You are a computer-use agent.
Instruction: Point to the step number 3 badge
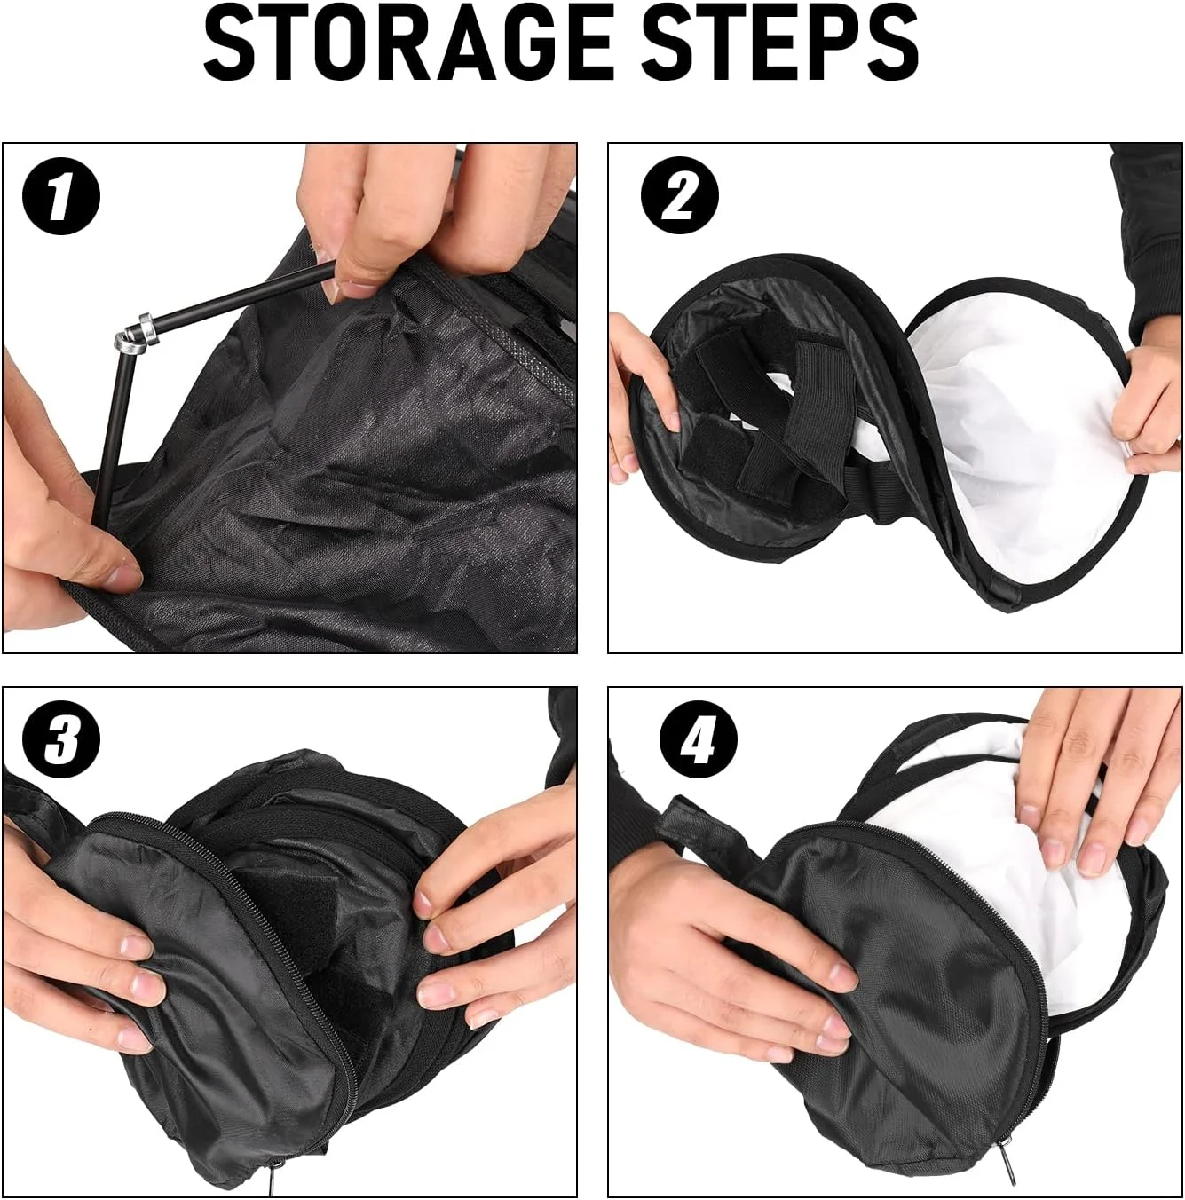pos(61,740)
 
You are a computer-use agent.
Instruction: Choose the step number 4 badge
pos(699,740)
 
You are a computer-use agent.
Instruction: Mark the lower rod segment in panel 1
pos(112,430)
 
